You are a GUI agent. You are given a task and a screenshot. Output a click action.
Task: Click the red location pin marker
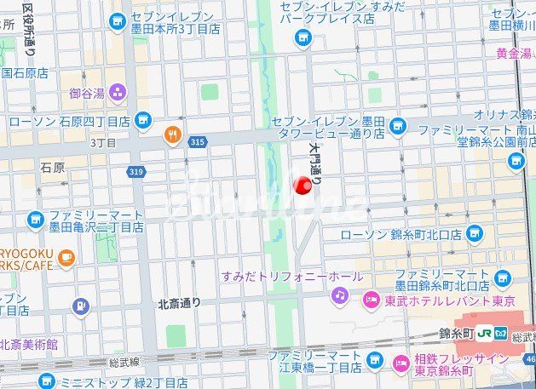tap(303, 185)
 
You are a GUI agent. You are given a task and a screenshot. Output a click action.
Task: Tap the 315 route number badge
tap(198, 141)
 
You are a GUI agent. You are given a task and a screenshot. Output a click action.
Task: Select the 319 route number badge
tap(135, 172)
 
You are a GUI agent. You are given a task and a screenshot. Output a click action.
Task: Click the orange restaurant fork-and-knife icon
tap(173, 134)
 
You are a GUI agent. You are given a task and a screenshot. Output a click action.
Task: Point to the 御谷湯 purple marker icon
tap(117, 92)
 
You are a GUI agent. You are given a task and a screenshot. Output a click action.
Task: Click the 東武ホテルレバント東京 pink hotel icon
tap(372, 300)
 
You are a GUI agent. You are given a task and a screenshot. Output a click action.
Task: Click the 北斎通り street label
tap(179, 302)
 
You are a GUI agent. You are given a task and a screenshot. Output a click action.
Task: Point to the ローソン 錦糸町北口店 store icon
tap(475, 234)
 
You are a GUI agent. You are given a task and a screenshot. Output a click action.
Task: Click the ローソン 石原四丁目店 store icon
tap(142, 121)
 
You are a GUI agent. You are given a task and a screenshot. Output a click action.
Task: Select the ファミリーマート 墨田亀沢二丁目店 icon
tap(35, 220)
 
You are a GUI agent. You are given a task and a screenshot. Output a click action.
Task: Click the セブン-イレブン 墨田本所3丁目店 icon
tap(115, 20)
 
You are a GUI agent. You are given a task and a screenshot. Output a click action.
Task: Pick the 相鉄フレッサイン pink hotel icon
tap(401, 364)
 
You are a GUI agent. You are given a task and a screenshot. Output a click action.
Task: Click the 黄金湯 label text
tap(514, 54)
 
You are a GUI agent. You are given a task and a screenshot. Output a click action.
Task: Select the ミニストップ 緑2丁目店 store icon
tap(46, 381)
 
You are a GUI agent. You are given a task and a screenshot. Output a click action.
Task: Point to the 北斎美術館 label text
tap(29, 345)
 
